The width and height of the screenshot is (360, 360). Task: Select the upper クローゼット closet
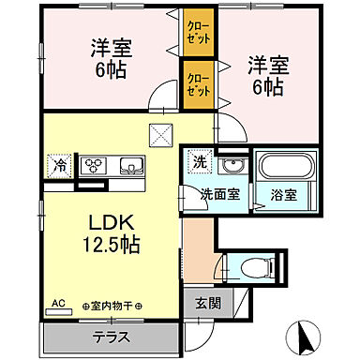[x=197, y=35]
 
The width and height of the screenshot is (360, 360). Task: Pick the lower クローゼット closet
[x=197, y=86]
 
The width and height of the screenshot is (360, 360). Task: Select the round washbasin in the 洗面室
[x=229, y=167]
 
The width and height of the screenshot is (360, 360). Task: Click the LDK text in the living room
[x=109, y=224]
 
